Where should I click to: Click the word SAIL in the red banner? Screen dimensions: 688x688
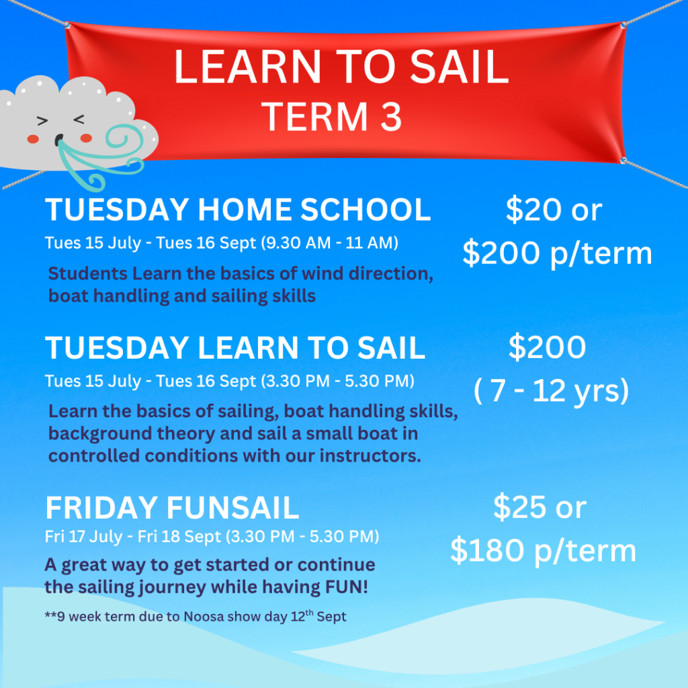point(459,67)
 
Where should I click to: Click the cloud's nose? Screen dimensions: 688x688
point(59,140)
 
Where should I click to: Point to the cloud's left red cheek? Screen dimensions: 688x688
point(33,139)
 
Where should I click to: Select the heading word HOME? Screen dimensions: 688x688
point(245,210)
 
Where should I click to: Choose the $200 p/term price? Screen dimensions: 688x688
point(557,253)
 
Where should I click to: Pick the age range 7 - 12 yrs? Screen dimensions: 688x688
point(551,390)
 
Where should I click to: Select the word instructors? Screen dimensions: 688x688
point(370,456)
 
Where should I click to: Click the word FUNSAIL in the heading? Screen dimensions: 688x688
point(233,508)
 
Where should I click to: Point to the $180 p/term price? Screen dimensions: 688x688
point(543,551)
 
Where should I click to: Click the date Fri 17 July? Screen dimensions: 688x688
point(83,537)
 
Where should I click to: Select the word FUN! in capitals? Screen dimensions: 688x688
point(346,587)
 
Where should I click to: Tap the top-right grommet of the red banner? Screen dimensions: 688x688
point(623,26)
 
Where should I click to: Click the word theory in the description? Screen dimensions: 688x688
point(186,433)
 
